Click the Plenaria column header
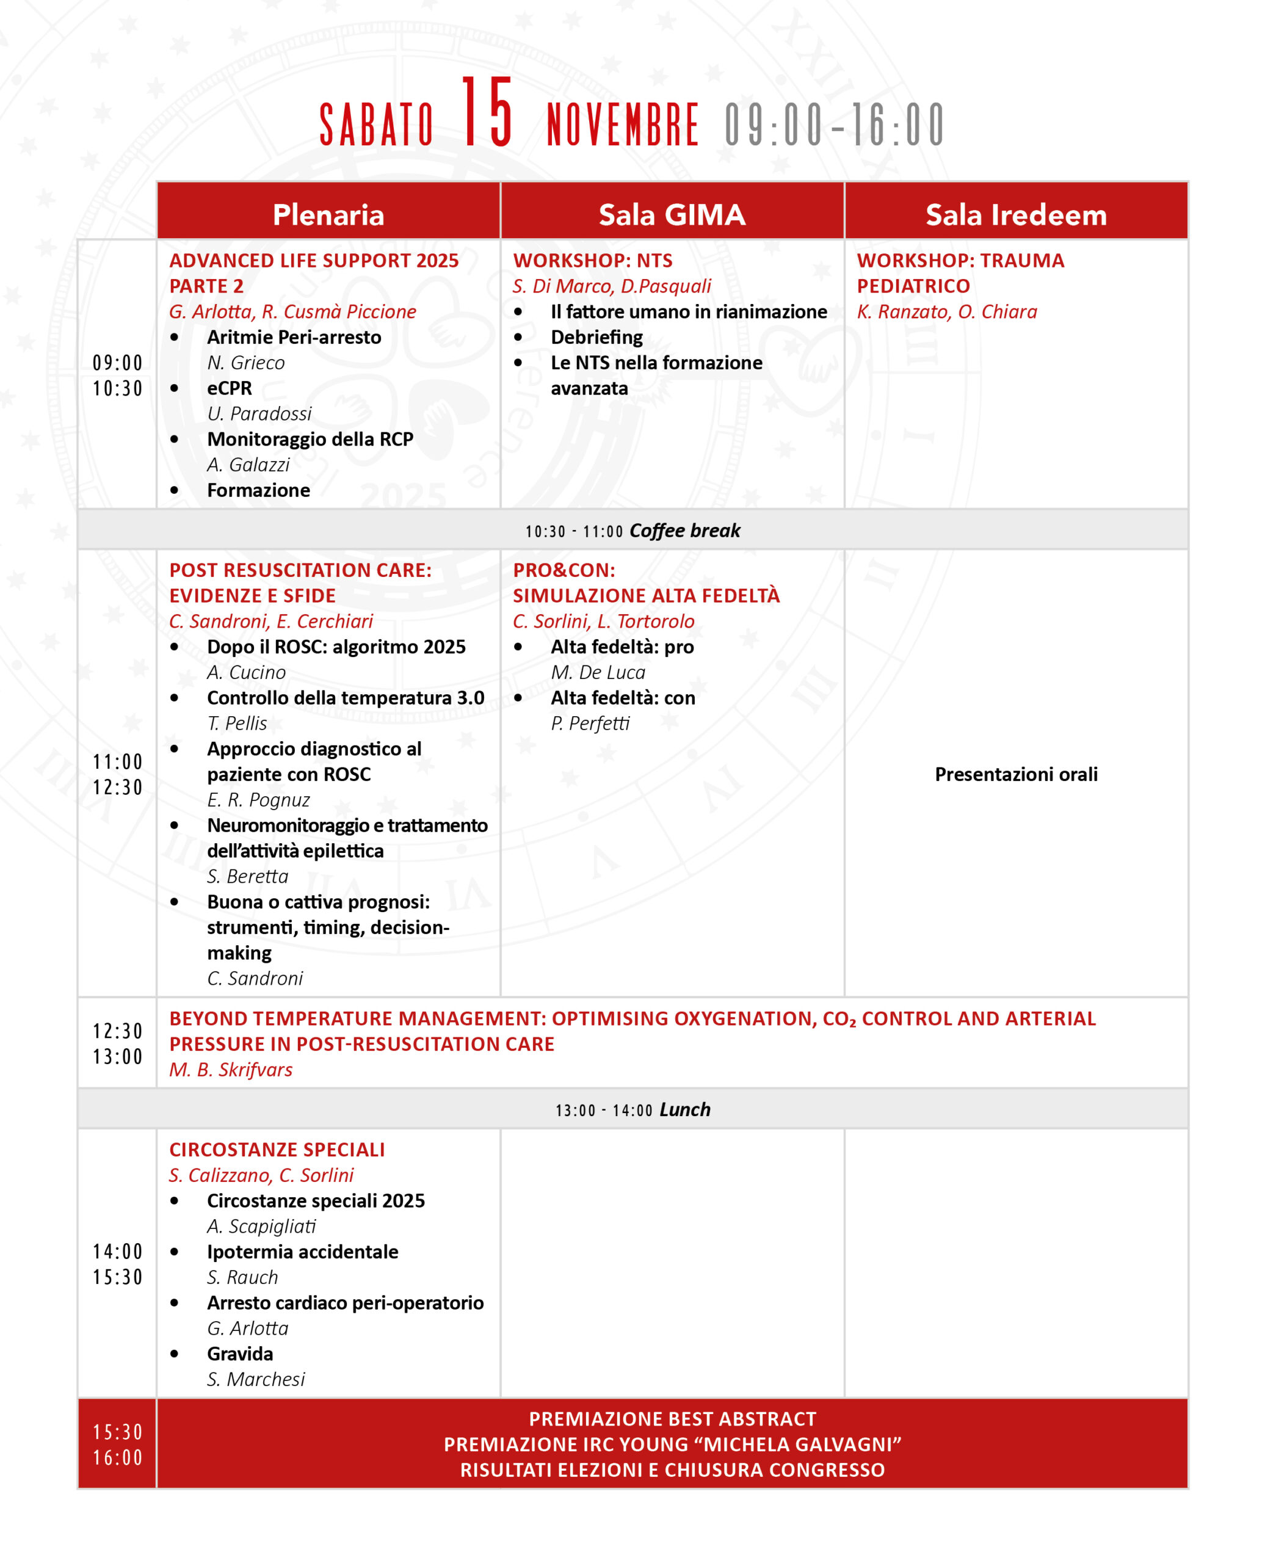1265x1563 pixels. pos(328,215)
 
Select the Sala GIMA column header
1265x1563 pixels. pos(672,215)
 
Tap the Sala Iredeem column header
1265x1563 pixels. pos(1016,215)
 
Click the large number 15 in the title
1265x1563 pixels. pos(487,113)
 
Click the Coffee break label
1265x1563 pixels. pos(684,531)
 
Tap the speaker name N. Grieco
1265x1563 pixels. pos(245,363)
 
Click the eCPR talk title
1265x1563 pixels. pos(230,388)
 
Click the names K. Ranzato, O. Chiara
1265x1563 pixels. pos(946,312)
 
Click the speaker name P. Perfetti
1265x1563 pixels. pos(590,723)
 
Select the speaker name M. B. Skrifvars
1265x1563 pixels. pos(230,1069)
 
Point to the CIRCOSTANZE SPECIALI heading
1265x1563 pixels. pos(277,1149)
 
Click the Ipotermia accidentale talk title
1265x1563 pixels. pos(302,1251)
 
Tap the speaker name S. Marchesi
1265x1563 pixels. pos(256,1379)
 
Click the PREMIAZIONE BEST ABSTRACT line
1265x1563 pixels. pos(672,1419)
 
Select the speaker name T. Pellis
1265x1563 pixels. pos(237,723)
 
